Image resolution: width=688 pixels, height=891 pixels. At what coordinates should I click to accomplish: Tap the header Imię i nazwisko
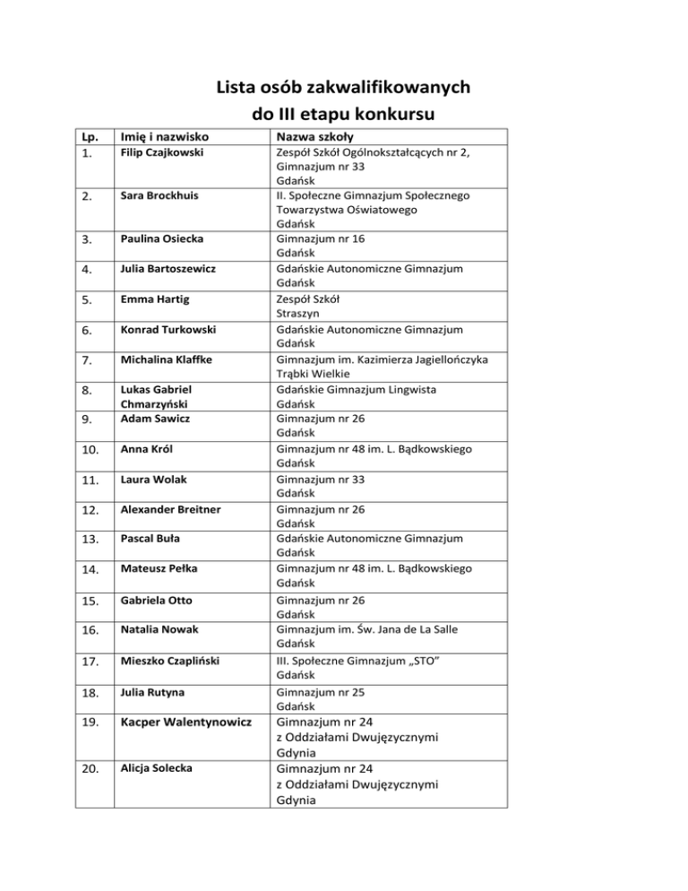pos(170,137)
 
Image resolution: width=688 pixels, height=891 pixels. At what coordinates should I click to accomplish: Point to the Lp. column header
pos(89,137)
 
